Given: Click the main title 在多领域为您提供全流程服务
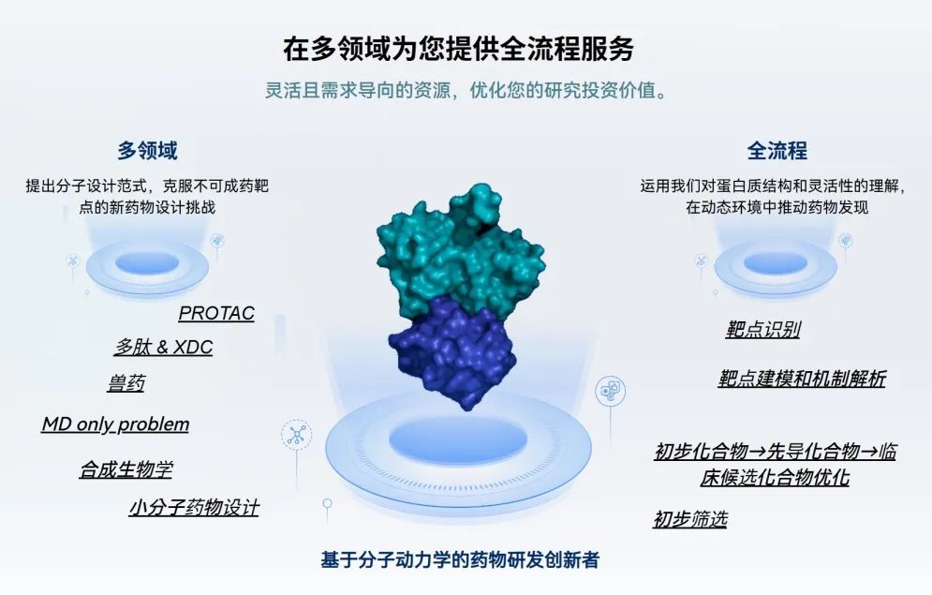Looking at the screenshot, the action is tap(458, 48).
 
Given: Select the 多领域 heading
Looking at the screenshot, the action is tap(147, 150).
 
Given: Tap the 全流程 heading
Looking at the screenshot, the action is tap(777, 150).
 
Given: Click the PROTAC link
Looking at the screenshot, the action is tap(216, 313).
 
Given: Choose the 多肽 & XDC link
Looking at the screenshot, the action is tap(164, 347).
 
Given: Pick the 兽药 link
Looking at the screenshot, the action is tap(126, 383).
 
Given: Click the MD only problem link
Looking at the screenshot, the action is tap(115, 424).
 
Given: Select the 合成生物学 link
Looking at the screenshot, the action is tap(126, 469).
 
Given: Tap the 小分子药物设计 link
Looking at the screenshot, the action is tap(195, 508).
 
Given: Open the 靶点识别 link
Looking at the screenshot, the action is tap(762, 329).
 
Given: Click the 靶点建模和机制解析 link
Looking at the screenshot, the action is tap(802, 379).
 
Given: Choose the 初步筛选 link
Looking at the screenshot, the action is tap(690, 519).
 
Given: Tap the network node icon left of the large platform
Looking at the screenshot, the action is tap(296, 435).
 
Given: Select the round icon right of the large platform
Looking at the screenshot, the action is tap(610, 391).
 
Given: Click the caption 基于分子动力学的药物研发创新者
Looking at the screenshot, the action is tap(460, 559).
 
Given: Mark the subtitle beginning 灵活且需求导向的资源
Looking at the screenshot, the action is tap(466, 90).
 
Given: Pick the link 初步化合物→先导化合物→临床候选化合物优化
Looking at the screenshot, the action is tap(775, 464).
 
